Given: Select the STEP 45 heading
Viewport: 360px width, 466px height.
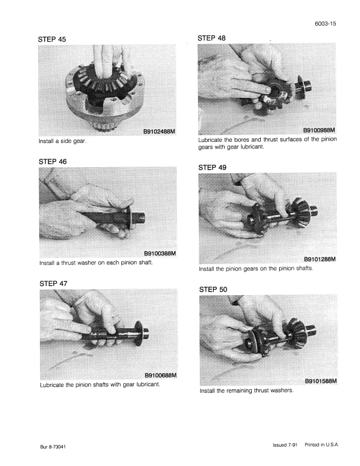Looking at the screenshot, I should [x=53, y=39].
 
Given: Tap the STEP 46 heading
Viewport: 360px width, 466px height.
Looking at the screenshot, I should [x=53, y=161].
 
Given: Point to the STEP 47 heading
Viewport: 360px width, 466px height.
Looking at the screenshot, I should [x=53, y=283].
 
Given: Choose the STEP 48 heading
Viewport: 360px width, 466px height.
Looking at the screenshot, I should [x=212, y=38].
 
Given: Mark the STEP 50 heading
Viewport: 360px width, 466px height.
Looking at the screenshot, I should [x=212, y=290].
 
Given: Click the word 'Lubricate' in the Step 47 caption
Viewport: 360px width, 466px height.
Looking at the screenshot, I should [x=54, y=385].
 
